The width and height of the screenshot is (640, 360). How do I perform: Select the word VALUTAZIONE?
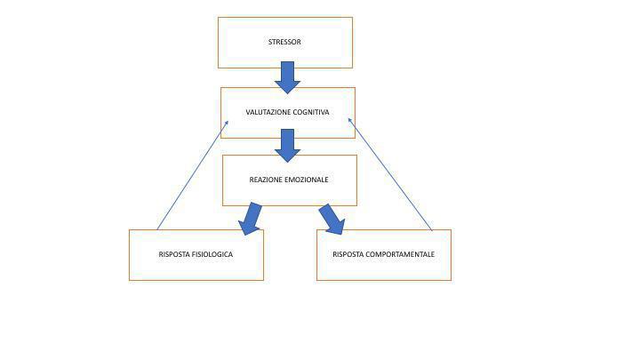click(x=268, y=113)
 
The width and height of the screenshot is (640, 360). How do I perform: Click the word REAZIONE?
click(x=267, y=180)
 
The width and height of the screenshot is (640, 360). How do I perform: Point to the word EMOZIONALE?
click(x=308, y=180)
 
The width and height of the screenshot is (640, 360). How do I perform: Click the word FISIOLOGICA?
click(x=212, y=255)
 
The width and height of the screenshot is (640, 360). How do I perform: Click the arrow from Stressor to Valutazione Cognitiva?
click(x=287, y=77)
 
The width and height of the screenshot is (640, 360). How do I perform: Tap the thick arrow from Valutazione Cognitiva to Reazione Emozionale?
click(x=287, y=145)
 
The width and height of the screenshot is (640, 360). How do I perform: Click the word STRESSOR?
click(x=284, y=42)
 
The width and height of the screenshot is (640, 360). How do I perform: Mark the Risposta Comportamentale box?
click(x=383, y=269)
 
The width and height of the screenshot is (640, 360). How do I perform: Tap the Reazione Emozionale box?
click(x=289, y=194)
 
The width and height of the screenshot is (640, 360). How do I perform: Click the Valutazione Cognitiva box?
click(x=287, y=128)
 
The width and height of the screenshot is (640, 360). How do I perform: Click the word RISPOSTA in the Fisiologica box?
click(x=174, y=255)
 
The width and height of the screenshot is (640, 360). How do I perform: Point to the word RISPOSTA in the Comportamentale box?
click(x=348, y=255)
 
